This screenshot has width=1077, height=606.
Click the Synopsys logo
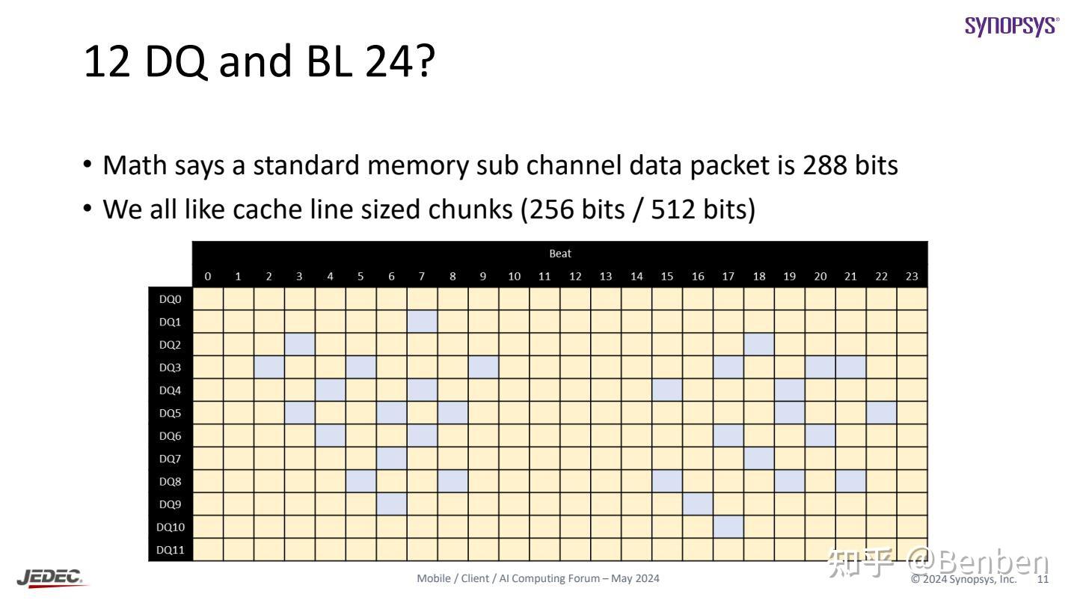coord(1011,25)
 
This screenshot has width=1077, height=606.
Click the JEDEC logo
coord(51,578)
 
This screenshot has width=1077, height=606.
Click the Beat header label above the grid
coord(560,254)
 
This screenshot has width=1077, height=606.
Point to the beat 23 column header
coord(912,276)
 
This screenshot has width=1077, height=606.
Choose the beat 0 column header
coord(208,276)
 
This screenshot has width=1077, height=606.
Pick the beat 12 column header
coord(575,276)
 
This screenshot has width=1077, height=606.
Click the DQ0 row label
coord(171,299)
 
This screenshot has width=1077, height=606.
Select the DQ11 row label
coord(171,550)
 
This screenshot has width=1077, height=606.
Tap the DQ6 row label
coord(171,436)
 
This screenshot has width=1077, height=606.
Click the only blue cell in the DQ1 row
coord(422,322)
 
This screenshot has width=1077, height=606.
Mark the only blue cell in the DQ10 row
coord(728,527)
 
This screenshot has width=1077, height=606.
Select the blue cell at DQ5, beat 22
coord(881,413)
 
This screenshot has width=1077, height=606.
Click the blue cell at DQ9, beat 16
coord(697,504)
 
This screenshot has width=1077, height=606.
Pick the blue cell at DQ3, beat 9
coord(483,367)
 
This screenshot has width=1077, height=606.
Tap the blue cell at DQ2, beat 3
coord(299,345)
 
